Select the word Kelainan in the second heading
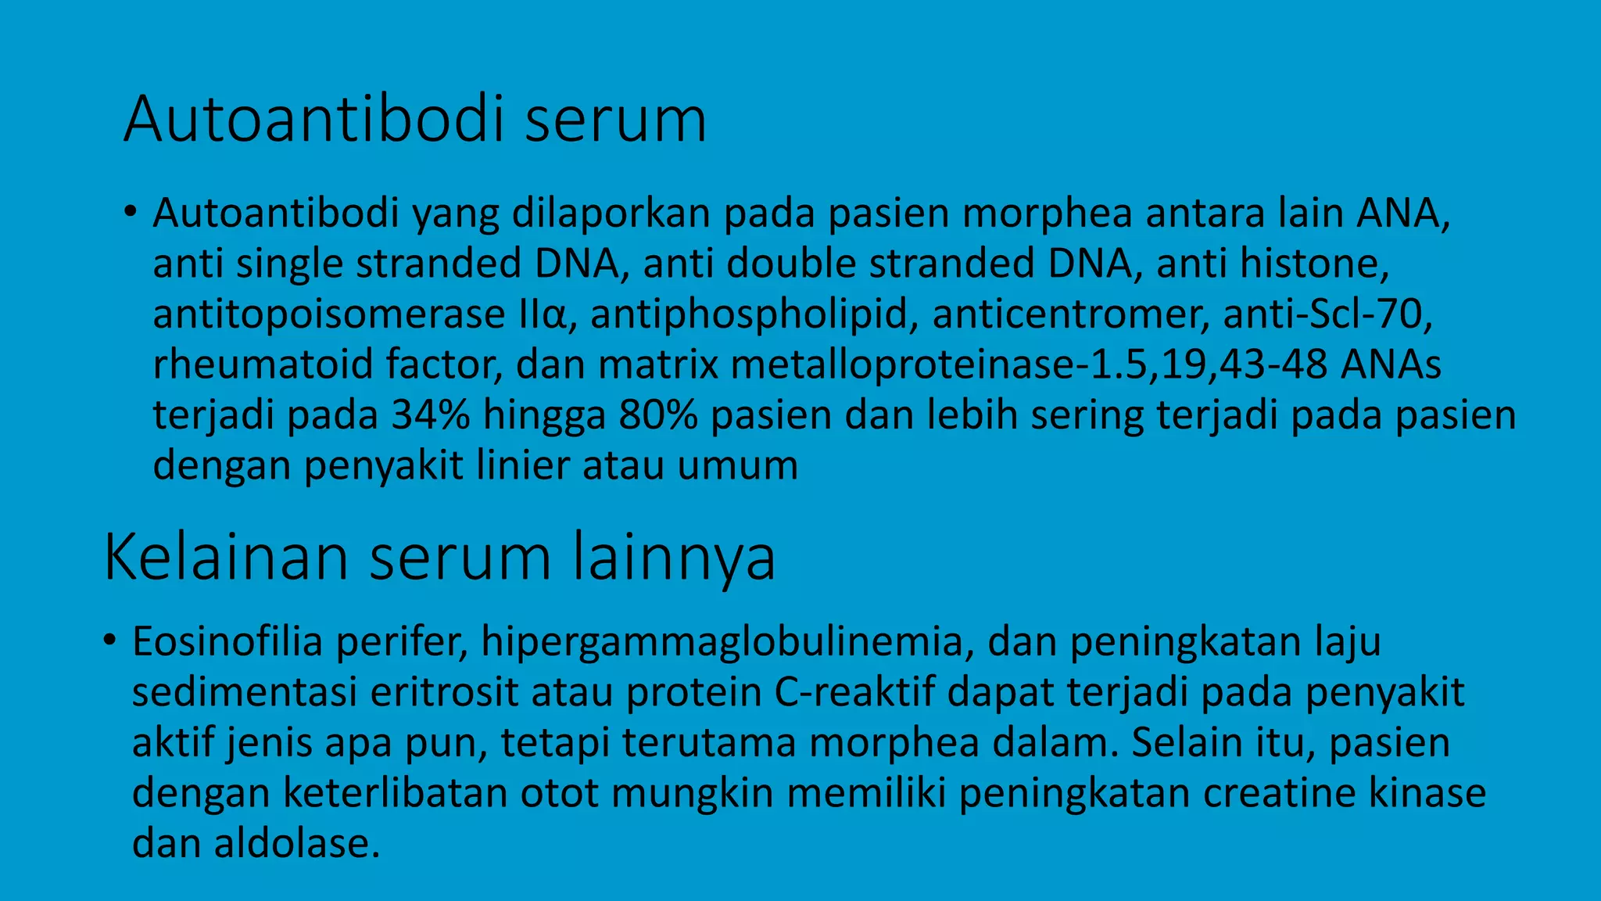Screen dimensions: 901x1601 pyautogui.click(x=225, y=557)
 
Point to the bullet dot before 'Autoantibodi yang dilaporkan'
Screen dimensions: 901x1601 pyautogui.click(x=130, y=213)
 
